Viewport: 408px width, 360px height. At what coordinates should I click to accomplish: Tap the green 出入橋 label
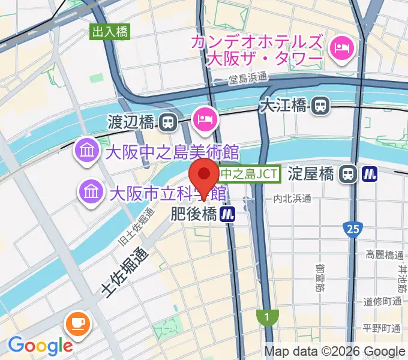[110, 32]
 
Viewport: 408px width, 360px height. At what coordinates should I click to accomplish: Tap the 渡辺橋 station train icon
[168, 122]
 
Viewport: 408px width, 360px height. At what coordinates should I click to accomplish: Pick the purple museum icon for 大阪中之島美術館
[88, 150]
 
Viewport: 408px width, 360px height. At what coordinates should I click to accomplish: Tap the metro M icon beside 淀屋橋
[369, 175]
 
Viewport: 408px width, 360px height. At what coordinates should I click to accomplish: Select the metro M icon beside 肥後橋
[227, 214]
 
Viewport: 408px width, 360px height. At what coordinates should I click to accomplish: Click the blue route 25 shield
[352, 229]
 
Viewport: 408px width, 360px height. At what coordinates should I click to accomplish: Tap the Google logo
[40, 346]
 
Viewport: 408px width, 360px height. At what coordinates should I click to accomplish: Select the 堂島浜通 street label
[248, 78]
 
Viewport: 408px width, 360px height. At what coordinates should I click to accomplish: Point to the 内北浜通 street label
[292, 197]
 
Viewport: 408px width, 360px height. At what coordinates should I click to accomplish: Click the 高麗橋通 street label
[383, 256]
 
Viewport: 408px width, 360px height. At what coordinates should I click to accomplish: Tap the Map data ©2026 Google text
[335, 352]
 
